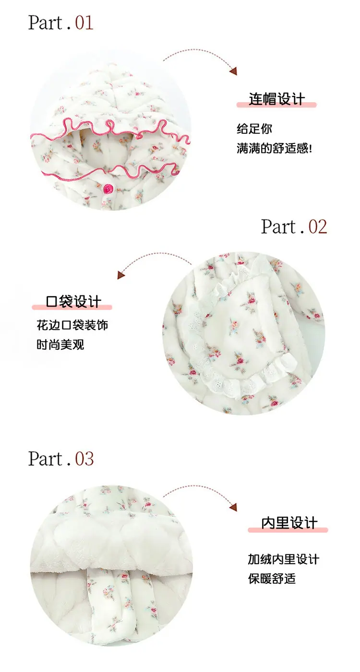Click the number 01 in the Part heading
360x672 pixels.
pos(84,23)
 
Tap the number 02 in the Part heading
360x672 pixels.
pos(317,226)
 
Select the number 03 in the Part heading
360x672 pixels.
pos(84,459)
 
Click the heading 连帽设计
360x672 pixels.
pos(276,99)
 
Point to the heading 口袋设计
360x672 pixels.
pos(73,301)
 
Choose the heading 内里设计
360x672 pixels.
pos(289,523)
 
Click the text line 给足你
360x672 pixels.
pos(254,129)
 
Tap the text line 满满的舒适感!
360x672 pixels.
pos(274,148)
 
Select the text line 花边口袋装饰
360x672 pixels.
pos(72,325)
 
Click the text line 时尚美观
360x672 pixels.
pos(60,344)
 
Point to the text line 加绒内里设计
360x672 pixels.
pos(283,559)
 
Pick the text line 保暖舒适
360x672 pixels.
pos(272,578)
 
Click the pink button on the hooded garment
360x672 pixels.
pos(108,189)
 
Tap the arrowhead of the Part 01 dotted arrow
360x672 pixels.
pos(234,71)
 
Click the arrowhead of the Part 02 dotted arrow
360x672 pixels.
pos(121,274)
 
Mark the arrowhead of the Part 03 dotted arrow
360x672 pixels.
pos(234,507)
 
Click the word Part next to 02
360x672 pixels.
pos(278,227)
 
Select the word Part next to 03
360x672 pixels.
pos(46,459)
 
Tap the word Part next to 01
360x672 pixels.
pos(46,23)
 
